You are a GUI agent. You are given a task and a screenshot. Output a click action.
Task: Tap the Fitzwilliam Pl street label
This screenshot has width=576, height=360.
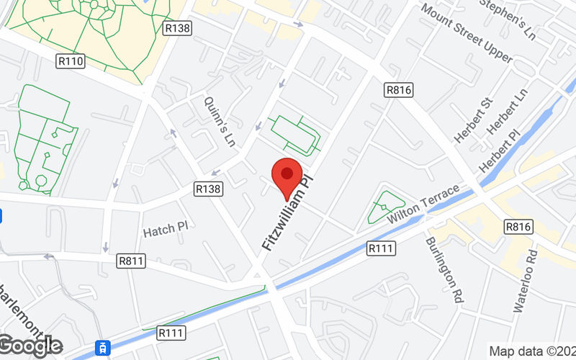pyautogui.click(x=289, y=212)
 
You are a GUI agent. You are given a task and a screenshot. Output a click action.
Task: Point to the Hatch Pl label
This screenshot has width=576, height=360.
pyautogui.click(x=165, y=231)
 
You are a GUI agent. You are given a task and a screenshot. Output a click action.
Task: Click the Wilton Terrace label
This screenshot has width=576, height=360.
pyautogui.click(x=423, y=204)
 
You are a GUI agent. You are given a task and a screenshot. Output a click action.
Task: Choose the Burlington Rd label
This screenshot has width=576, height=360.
pyautogui.click(x=444, y=271)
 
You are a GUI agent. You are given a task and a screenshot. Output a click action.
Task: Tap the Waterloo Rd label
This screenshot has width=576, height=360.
pyautogui.click(x=525, y=281)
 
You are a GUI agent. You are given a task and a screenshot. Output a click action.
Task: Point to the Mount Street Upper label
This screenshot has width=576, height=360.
pyautogui.click(x=467, y=33)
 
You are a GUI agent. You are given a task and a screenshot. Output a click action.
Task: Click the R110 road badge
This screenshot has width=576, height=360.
pyautogui.click(x=70, y=62)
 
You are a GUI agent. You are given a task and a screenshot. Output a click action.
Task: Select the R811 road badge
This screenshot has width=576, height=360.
pyautogui.click(x=132, y=261)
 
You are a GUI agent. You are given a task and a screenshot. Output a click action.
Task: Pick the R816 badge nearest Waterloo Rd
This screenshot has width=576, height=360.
pyautogui.click(x=518, y=226)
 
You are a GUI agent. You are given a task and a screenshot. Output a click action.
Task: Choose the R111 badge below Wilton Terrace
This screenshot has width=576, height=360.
pyautogui.click(x=381, y=248)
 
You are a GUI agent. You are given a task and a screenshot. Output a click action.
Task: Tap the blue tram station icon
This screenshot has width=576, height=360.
pyautogui.click(x=104, y=348)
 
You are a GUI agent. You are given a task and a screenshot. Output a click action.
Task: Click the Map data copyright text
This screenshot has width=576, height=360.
pyautogui.click(x=532, y=351)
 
